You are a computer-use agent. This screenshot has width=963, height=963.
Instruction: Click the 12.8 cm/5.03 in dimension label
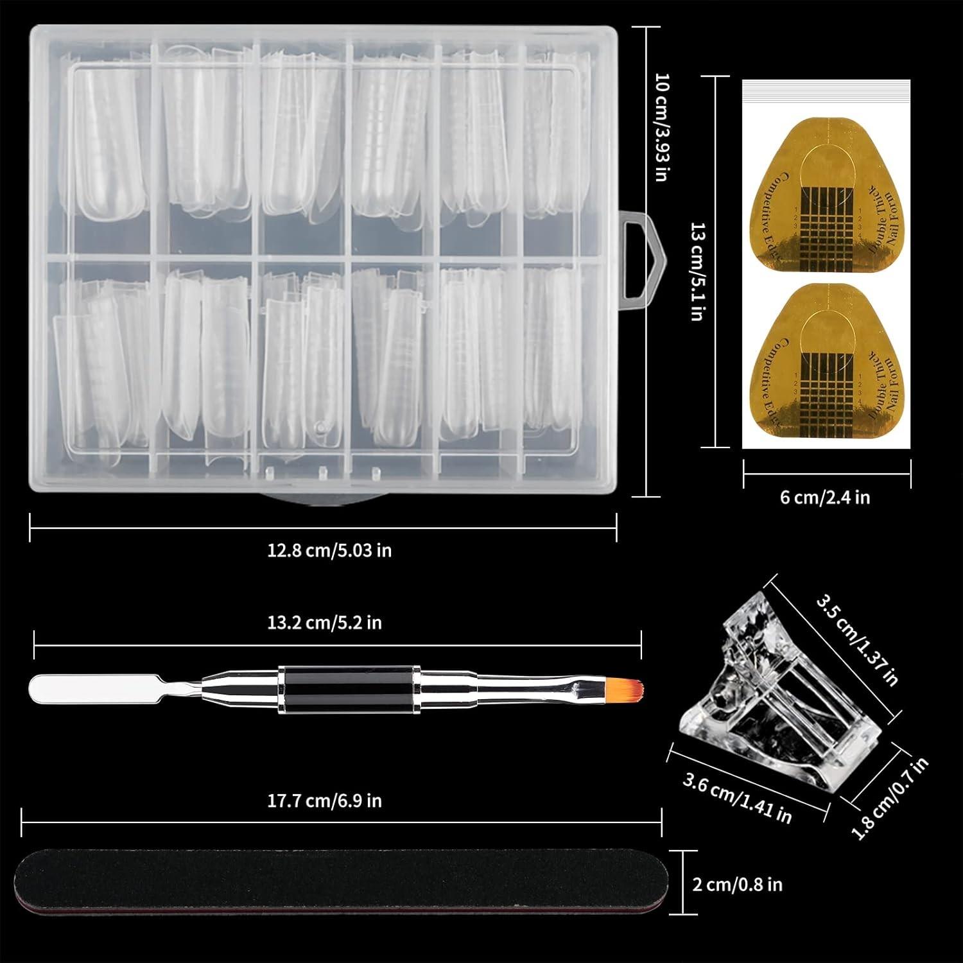point(329,551)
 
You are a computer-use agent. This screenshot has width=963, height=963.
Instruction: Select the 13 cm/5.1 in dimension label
point(698,272)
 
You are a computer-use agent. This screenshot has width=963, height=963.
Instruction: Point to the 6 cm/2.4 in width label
point(825,498)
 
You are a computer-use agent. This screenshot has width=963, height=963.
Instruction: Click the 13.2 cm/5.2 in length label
point(324,623)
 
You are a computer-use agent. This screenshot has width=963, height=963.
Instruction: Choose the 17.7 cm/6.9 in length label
point(324,801)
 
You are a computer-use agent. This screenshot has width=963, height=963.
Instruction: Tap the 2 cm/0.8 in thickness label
point(737,885)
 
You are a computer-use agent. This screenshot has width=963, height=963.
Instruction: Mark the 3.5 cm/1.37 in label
point(857,640)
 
